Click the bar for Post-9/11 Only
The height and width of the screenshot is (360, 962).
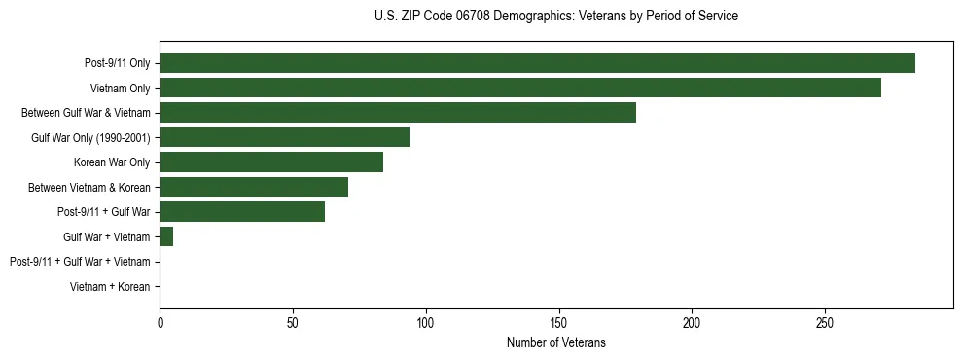click(x=537, y=63)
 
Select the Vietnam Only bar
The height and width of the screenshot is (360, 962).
click(x=520, y=88)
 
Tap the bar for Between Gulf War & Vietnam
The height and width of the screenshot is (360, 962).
click(x=398, y=113)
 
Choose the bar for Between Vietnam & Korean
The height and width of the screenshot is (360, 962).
click(x=254, y=187)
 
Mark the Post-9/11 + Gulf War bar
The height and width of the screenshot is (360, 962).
click(x=242, y=212)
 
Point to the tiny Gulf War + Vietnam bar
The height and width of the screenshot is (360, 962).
click(x=166, y=236)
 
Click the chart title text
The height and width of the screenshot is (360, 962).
click(x=555, y=17)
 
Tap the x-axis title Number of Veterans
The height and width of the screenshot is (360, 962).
click(x=555, y=342)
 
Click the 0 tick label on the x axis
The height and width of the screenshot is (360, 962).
click(x=160, y=322)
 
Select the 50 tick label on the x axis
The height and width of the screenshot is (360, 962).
click(x=293, y=322)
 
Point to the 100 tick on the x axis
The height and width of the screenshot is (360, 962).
click(x=425, y=322)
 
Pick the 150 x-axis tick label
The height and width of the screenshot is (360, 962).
click(x=558, y=322)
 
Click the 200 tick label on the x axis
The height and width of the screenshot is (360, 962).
click(x=692, y=322)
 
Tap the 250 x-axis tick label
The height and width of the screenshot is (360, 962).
click(x=824, y=322)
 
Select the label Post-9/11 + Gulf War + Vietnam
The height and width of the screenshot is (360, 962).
click(x=80, y=262)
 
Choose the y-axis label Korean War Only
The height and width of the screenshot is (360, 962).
click(x=112, y=162)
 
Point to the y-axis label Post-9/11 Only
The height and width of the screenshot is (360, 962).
click(x=118, y=63)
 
